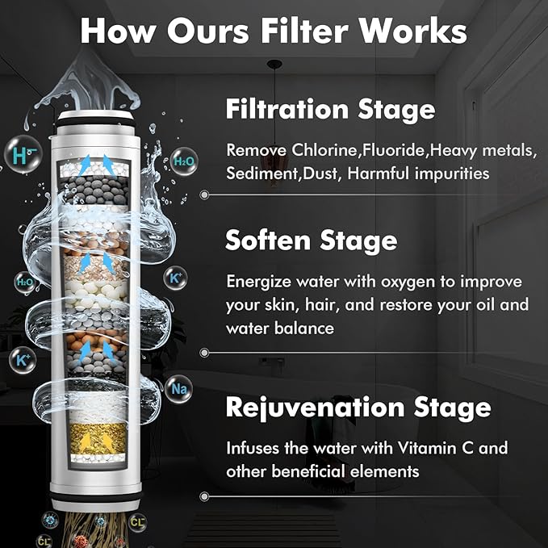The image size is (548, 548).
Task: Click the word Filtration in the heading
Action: point(287,109)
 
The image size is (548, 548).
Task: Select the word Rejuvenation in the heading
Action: point(315,408)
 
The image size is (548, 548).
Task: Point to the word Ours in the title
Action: point(208,31)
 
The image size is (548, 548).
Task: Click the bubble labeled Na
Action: point(178,389)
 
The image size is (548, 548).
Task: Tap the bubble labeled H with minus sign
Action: point(23,154)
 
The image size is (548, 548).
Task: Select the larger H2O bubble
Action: point(184,161)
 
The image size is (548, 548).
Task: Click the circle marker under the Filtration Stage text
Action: point(204,195)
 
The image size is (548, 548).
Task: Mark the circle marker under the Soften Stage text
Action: point(204,353)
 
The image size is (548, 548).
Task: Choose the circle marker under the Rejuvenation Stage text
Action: point(204,496)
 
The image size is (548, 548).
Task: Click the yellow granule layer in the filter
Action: point(98,438)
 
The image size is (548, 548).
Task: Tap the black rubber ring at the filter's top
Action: point(96,123)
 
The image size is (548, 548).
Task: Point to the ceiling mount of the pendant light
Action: point(274,64)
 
